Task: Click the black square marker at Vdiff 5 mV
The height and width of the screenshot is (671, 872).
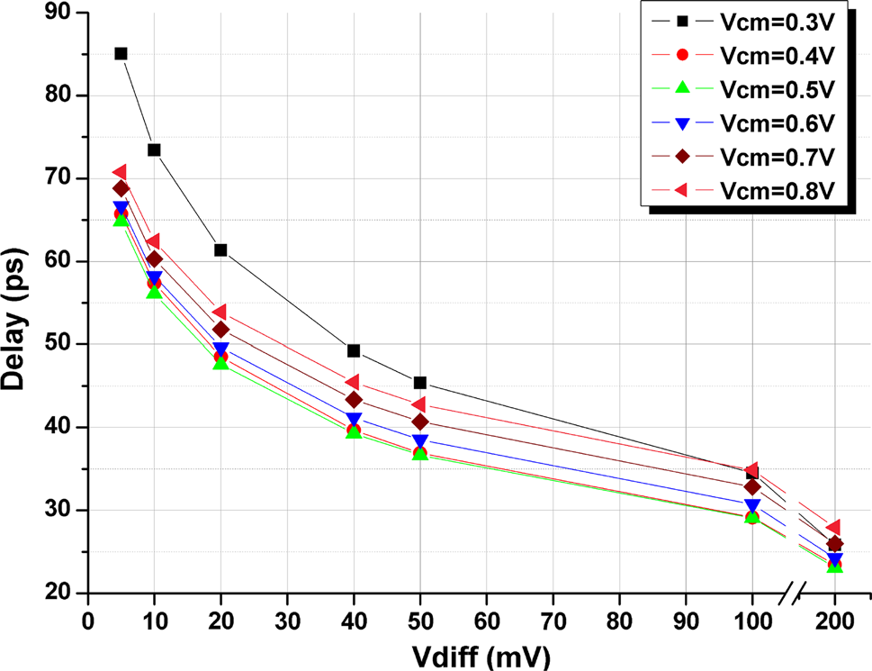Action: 121,53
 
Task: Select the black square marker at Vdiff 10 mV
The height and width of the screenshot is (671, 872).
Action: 154,150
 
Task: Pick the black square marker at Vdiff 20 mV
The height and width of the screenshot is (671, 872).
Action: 220,249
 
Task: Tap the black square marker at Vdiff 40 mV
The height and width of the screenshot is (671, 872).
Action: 354,350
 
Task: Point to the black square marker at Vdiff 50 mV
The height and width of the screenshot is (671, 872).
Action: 420,383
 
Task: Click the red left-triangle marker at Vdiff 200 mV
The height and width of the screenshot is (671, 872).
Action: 833,527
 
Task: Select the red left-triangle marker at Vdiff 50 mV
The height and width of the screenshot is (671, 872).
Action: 419,404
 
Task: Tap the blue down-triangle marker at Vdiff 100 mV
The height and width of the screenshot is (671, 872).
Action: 752,506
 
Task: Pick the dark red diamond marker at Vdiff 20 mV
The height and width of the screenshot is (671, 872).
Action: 220,330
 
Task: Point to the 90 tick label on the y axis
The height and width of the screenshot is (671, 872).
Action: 62,13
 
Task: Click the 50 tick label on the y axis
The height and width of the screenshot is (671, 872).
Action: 62,344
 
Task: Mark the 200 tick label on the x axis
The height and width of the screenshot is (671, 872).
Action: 834,621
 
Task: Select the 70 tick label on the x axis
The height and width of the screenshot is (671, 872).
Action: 553,621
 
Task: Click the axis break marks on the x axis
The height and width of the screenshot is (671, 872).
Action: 793,593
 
